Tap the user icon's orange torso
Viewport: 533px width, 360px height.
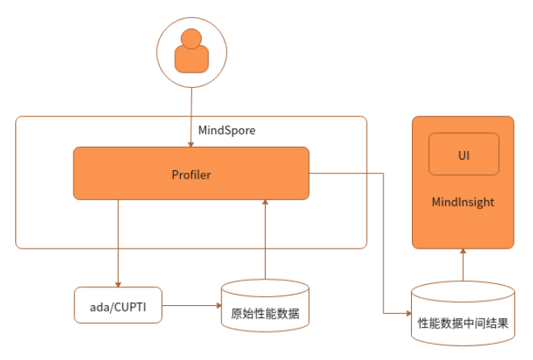(x=191, y=59)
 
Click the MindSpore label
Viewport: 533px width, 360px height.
(x=227, y=130)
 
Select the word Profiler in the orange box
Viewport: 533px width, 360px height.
(x=191, y=174)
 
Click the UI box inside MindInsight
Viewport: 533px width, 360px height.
(x=464, y=154)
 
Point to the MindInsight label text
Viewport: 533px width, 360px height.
(x=463, y=202)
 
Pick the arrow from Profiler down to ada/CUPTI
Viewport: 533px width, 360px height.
(x=118, y=242)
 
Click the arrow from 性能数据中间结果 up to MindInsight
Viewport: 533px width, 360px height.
(x=464, y=265)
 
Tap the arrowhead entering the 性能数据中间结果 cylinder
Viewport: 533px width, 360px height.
(x=407, y=312)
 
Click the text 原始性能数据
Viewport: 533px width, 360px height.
(x=264, y=313)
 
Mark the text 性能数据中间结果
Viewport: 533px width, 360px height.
(x=463, y=324)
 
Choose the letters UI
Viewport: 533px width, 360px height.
(x=464, y=154)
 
